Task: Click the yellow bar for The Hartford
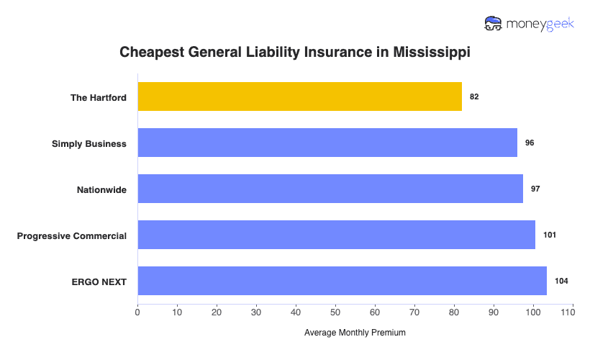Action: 299,96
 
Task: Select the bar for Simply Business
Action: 327,143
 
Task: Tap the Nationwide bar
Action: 330,189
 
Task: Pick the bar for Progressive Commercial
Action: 336,235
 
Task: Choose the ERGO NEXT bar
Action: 342,281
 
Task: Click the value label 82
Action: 474,96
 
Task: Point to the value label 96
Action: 530,143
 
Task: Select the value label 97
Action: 535,189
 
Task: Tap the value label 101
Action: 550,235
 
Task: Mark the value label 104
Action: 561,281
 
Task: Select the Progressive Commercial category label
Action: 72,235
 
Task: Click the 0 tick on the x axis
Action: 137,313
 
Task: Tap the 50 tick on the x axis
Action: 335,313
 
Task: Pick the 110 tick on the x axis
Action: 572,313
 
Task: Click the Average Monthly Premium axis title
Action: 355,333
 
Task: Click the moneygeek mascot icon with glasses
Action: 494,23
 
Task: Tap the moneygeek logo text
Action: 541,23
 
